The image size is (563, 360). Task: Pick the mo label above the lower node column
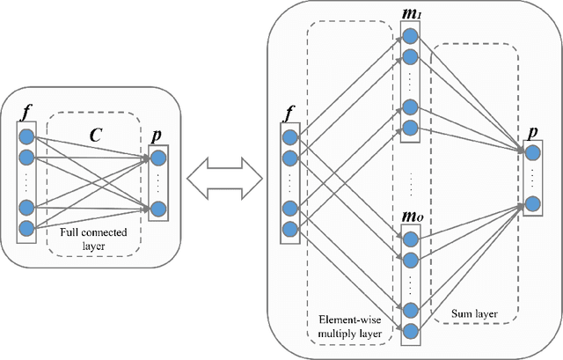[x=412, y=216]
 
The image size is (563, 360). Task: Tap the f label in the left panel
[x=26, y=114]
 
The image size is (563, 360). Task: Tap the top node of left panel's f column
[x=26, y=136]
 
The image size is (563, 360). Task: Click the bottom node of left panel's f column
[x=26, y=228]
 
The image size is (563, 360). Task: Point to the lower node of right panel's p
[x=533, y=203]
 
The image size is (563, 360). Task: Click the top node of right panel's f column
[x=289, y=136]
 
